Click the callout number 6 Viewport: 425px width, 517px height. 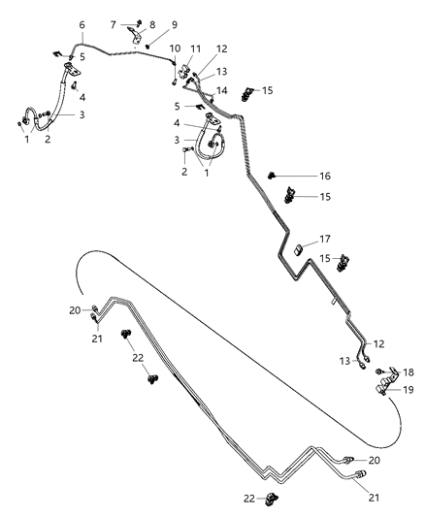82,24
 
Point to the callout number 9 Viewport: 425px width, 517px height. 175,24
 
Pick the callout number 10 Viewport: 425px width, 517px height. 175,48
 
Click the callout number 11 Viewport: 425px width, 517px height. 195,48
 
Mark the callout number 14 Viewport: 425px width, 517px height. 223,89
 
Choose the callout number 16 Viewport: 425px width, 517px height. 325,178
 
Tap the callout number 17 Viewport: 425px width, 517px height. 325,239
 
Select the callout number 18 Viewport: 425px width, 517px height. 408,372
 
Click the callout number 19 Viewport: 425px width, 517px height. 408,390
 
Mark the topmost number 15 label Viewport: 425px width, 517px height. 267,90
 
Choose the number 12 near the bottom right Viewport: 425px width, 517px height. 379,343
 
